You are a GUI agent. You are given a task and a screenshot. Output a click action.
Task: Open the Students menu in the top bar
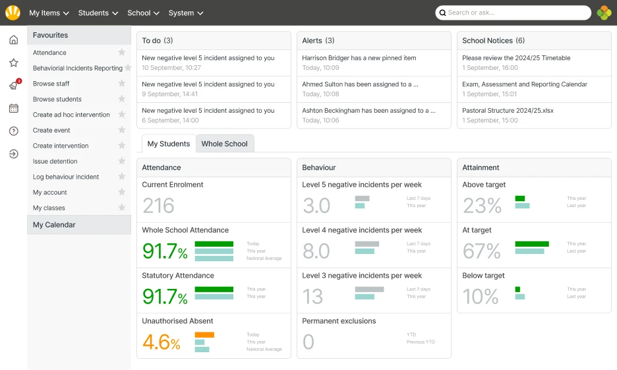pos(98,13)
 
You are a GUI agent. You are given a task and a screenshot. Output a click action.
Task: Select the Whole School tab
pos(224,144)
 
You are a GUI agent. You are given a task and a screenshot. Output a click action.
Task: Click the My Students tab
pos(168,144)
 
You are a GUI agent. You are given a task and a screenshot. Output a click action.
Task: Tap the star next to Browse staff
pos(121,84)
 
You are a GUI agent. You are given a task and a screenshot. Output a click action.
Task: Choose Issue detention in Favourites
pos(55,162)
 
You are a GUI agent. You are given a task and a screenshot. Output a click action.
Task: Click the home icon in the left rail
pos(13,40)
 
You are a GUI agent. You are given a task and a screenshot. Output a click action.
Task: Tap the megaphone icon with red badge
pos(13,86)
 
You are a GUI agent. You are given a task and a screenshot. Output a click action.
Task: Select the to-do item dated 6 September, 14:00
pos(208,111)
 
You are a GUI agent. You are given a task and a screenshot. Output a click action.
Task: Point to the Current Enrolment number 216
pos(158,206)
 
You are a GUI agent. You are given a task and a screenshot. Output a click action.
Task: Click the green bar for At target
pos(531,244)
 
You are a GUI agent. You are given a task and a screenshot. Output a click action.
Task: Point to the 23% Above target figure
pos(483,206)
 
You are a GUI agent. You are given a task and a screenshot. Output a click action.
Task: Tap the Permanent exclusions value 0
pos(308,342)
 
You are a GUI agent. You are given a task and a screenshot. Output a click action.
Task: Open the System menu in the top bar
pos(185,13)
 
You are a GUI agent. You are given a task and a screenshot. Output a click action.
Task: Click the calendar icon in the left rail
pos(13,108)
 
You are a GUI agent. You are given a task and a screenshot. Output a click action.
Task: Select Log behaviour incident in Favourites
pos(66,177)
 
